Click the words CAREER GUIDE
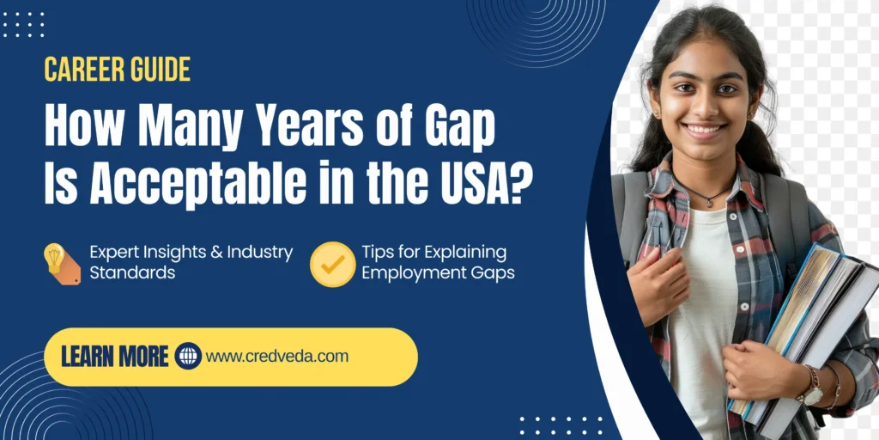pos(118,70)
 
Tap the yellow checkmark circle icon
pos(332,264)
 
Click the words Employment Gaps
pos(438,273)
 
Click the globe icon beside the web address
pos(187,356)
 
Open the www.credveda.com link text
pos(277,356)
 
